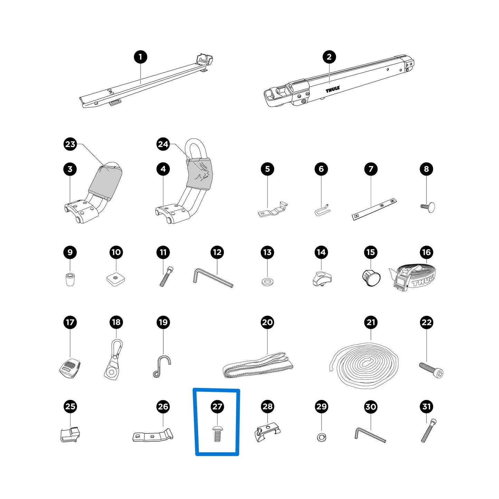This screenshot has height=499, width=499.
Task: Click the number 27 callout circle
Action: pos(217,406)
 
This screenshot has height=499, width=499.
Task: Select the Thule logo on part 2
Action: pos(333,89)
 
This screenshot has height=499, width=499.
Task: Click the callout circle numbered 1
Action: pos(141,57)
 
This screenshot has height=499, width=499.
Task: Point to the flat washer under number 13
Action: pos(267,282)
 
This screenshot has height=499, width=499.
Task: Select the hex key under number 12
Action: pos(213,278)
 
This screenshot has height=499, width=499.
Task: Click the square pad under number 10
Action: pos(116,279)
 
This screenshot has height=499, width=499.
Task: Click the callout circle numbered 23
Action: pos(70,144)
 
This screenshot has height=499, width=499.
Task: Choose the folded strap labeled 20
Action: pos(258,365)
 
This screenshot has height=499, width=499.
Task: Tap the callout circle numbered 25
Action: pos(70,406)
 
